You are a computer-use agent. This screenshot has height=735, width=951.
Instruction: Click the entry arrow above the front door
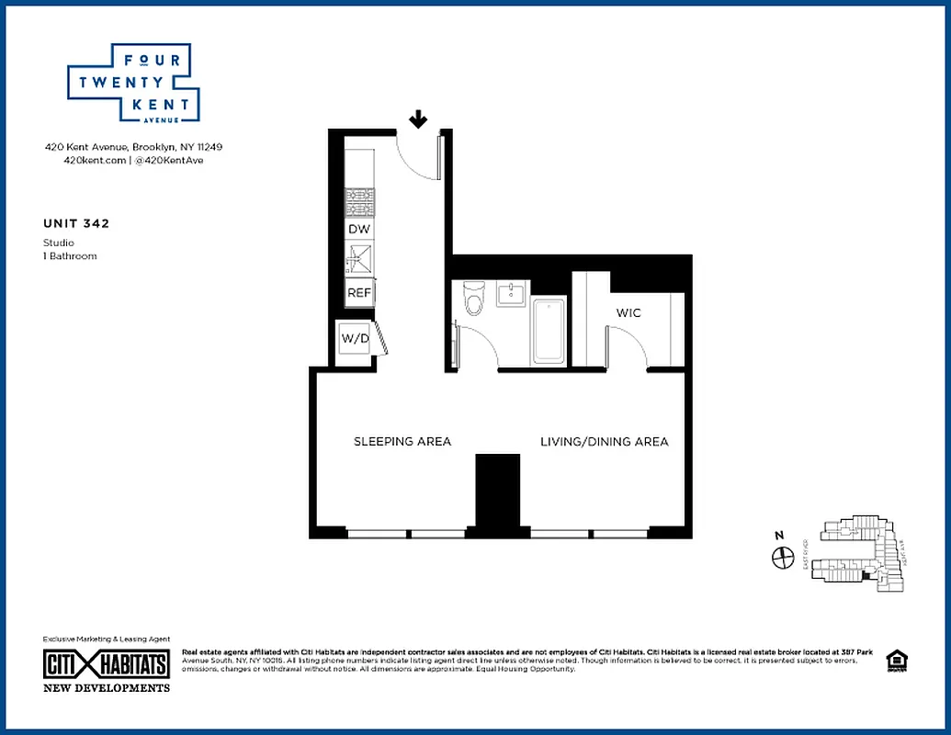(418, 119)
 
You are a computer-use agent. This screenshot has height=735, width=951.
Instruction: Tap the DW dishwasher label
(358, 229)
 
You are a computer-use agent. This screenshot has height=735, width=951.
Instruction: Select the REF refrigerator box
(358, 293)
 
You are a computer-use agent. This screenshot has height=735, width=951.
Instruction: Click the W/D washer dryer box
(355, 338)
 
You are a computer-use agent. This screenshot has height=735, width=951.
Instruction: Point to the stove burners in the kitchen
(358, 201)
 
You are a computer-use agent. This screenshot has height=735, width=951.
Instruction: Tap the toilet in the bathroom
(474, 298)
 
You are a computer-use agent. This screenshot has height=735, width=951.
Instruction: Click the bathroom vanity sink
(511, 294)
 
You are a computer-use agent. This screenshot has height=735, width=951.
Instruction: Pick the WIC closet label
(628, 313)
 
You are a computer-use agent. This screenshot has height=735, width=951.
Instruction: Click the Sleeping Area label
(402, 442)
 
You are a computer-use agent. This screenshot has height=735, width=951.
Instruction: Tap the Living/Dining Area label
(604, 442)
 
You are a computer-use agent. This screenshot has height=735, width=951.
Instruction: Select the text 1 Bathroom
(70, 255)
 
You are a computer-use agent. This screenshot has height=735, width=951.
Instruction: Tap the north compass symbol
(783, 556)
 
